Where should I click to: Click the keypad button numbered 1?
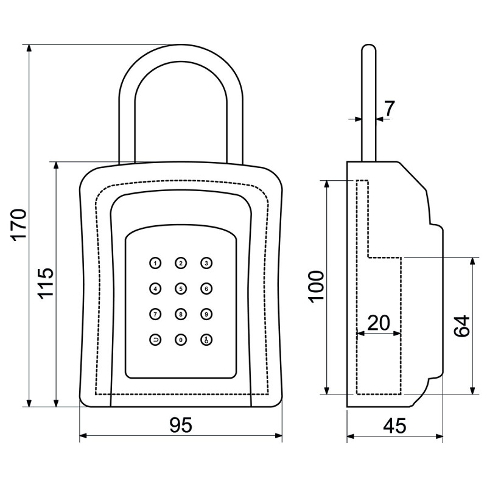click(155, 263)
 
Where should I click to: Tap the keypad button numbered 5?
click(181, 289)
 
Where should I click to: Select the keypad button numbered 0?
click(181, 340)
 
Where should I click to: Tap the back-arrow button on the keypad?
click(155, 340)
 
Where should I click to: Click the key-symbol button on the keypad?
click(207, 340)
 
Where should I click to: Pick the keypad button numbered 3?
click(207, 263)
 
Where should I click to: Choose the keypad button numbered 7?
click(155, 314)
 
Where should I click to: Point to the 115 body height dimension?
click(46, 283)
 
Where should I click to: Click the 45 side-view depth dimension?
click(395, 426)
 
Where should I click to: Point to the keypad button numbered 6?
click(207, 289)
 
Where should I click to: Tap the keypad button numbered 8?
click(181, 314)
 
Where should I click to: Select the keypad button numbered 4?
click(155, 289)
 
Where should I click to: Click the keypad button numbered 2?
click(181, 263)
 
